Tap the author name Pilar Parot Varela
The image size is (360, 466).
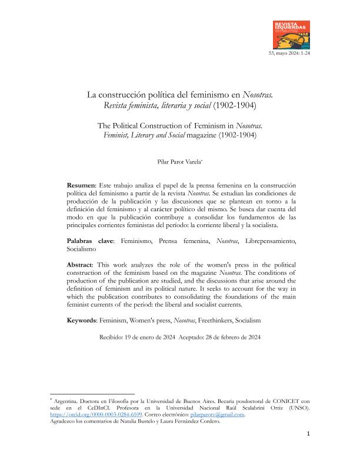click(x=179, y=159)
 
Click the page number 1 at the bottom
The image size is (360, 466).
click(x=308, y=451)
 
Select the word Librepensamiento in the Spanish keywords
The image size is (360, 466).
click(x=266, y=241)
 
